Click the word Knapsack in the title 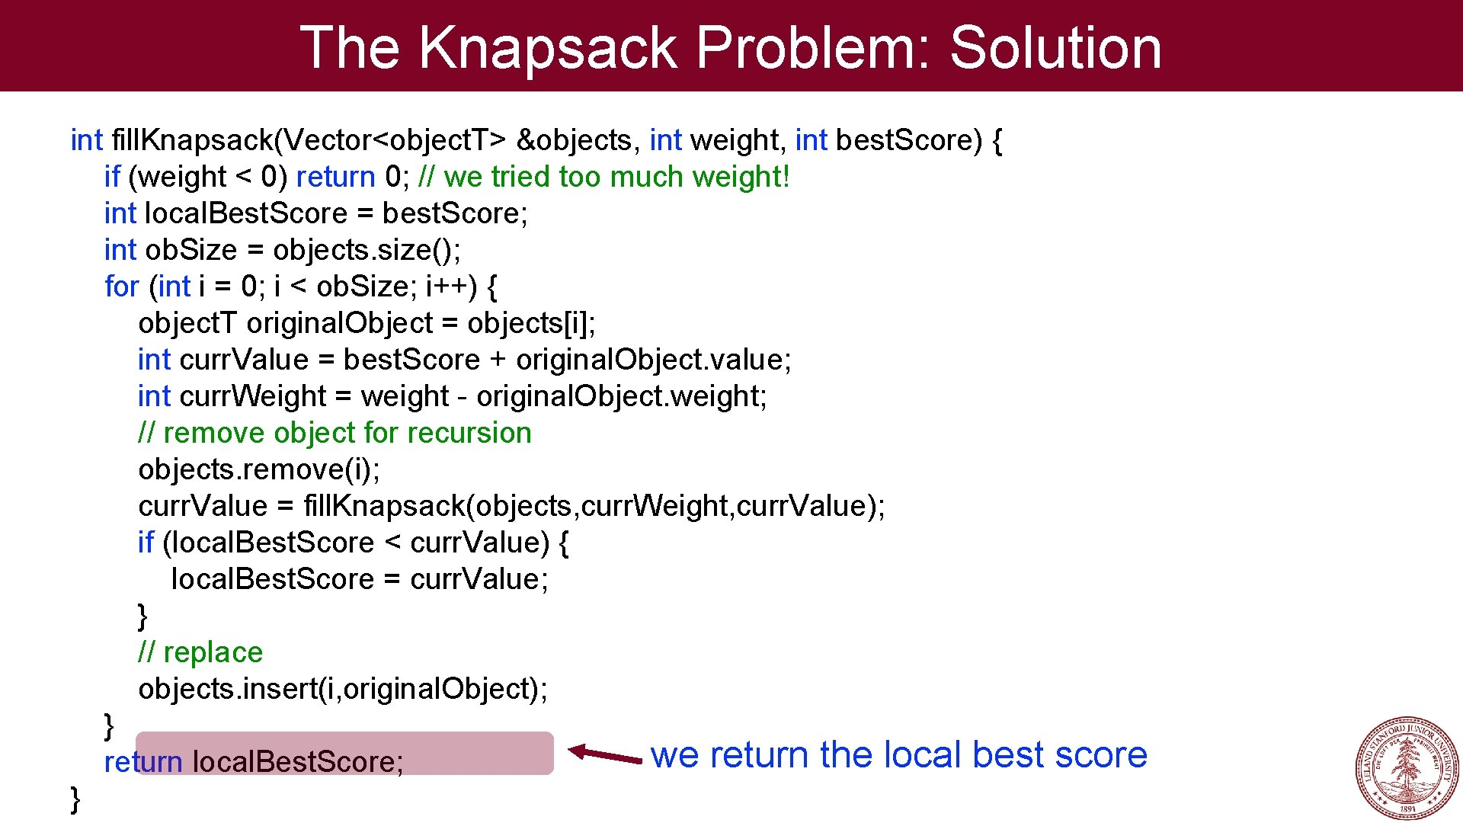(548, 47)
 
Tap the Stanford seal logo (1407, 767)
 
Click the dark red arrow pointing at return (606, 754)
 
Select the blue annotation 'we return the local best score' (898, 754)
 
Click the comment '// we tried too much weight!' (603, 177)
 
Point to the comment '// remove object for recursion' (335, 433)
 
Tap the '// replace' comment (200, 652)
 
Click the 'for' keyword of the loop (122, 287)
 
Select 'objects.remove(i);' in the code (259, 469)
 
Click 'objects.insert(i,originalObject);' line (343, 689)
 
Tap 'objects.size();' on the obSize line (367, 250)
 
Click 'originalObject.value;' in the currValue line (653, 360)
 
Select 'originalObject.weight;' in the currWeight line (621, 396)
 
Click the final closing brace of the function (75, 799)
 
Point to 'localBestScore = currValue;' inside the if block (360, 579)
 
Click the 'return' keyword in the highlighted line (143, 762)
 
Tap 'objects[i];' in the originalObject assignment (531, 323)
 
